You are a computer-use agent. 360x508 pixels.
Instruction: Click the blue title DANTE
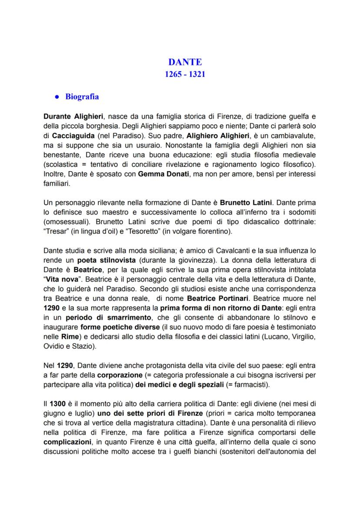[x=185, y=63]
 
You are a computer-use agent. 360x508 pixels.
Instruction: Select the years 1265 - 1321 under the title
[x=185, y=74]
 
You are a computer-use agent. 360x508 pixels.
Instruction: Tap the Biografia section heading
[x=82, y=96]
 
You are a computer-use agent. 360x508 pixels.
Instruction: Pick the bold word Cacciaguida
[x=72, y=136]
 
